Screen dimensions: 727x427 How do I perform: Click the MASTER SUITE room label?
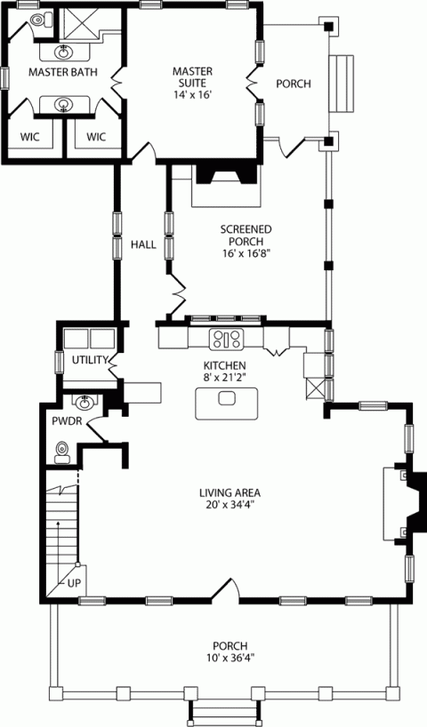pos(191,70)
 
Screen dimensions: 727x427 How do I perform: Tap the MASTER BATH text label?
pos(61,71)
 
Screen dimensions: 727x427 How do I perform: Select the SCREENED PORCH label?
pos(246,229)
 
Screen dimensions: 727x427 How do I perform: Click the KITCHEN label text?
pos(224,365)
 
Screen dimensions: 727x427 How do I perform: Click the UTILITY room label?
pos(89,360)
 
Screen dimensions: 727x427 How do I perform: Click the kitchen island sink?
pos(226,398)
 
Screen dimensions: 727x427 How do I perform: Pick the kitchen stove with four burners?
pos(226,338)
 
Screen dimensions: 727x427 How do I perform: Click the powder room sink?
pos(85,403)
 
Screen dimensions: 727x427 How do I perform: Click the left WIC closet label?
pos(29,137)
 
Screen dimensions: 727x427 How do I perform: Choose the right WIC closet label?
pos(96,137)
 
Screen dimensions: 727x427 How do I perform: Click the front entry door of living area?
pos(229,591)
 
